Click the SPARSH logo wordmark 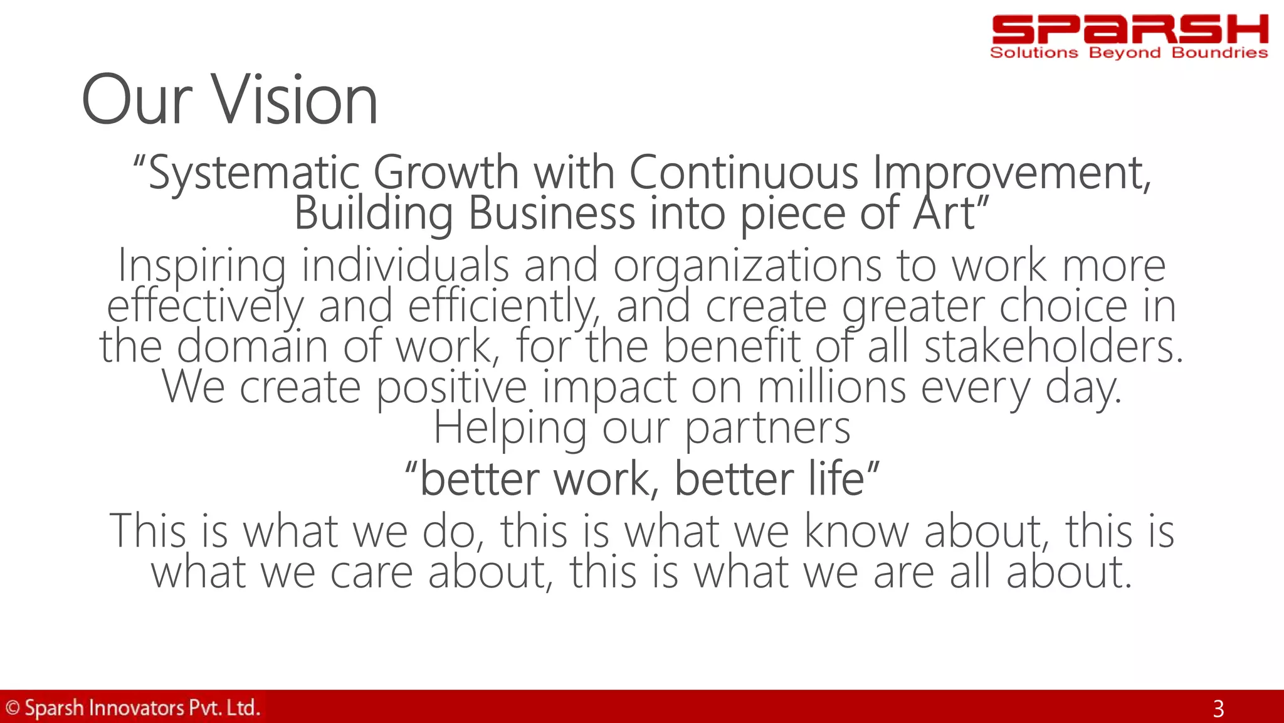(1129, 29)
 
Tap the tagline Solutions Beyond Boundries (1129, 53)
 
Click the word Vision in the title (296, 100)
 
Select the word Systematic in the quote (253, 173)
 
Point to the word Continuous (743, 172)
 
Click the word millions (831, 387)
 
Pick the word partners (767, 428)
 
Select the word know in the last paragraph (856, 531)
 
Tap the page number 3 (1218, 709)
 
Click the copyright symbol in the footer (13, 708)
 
